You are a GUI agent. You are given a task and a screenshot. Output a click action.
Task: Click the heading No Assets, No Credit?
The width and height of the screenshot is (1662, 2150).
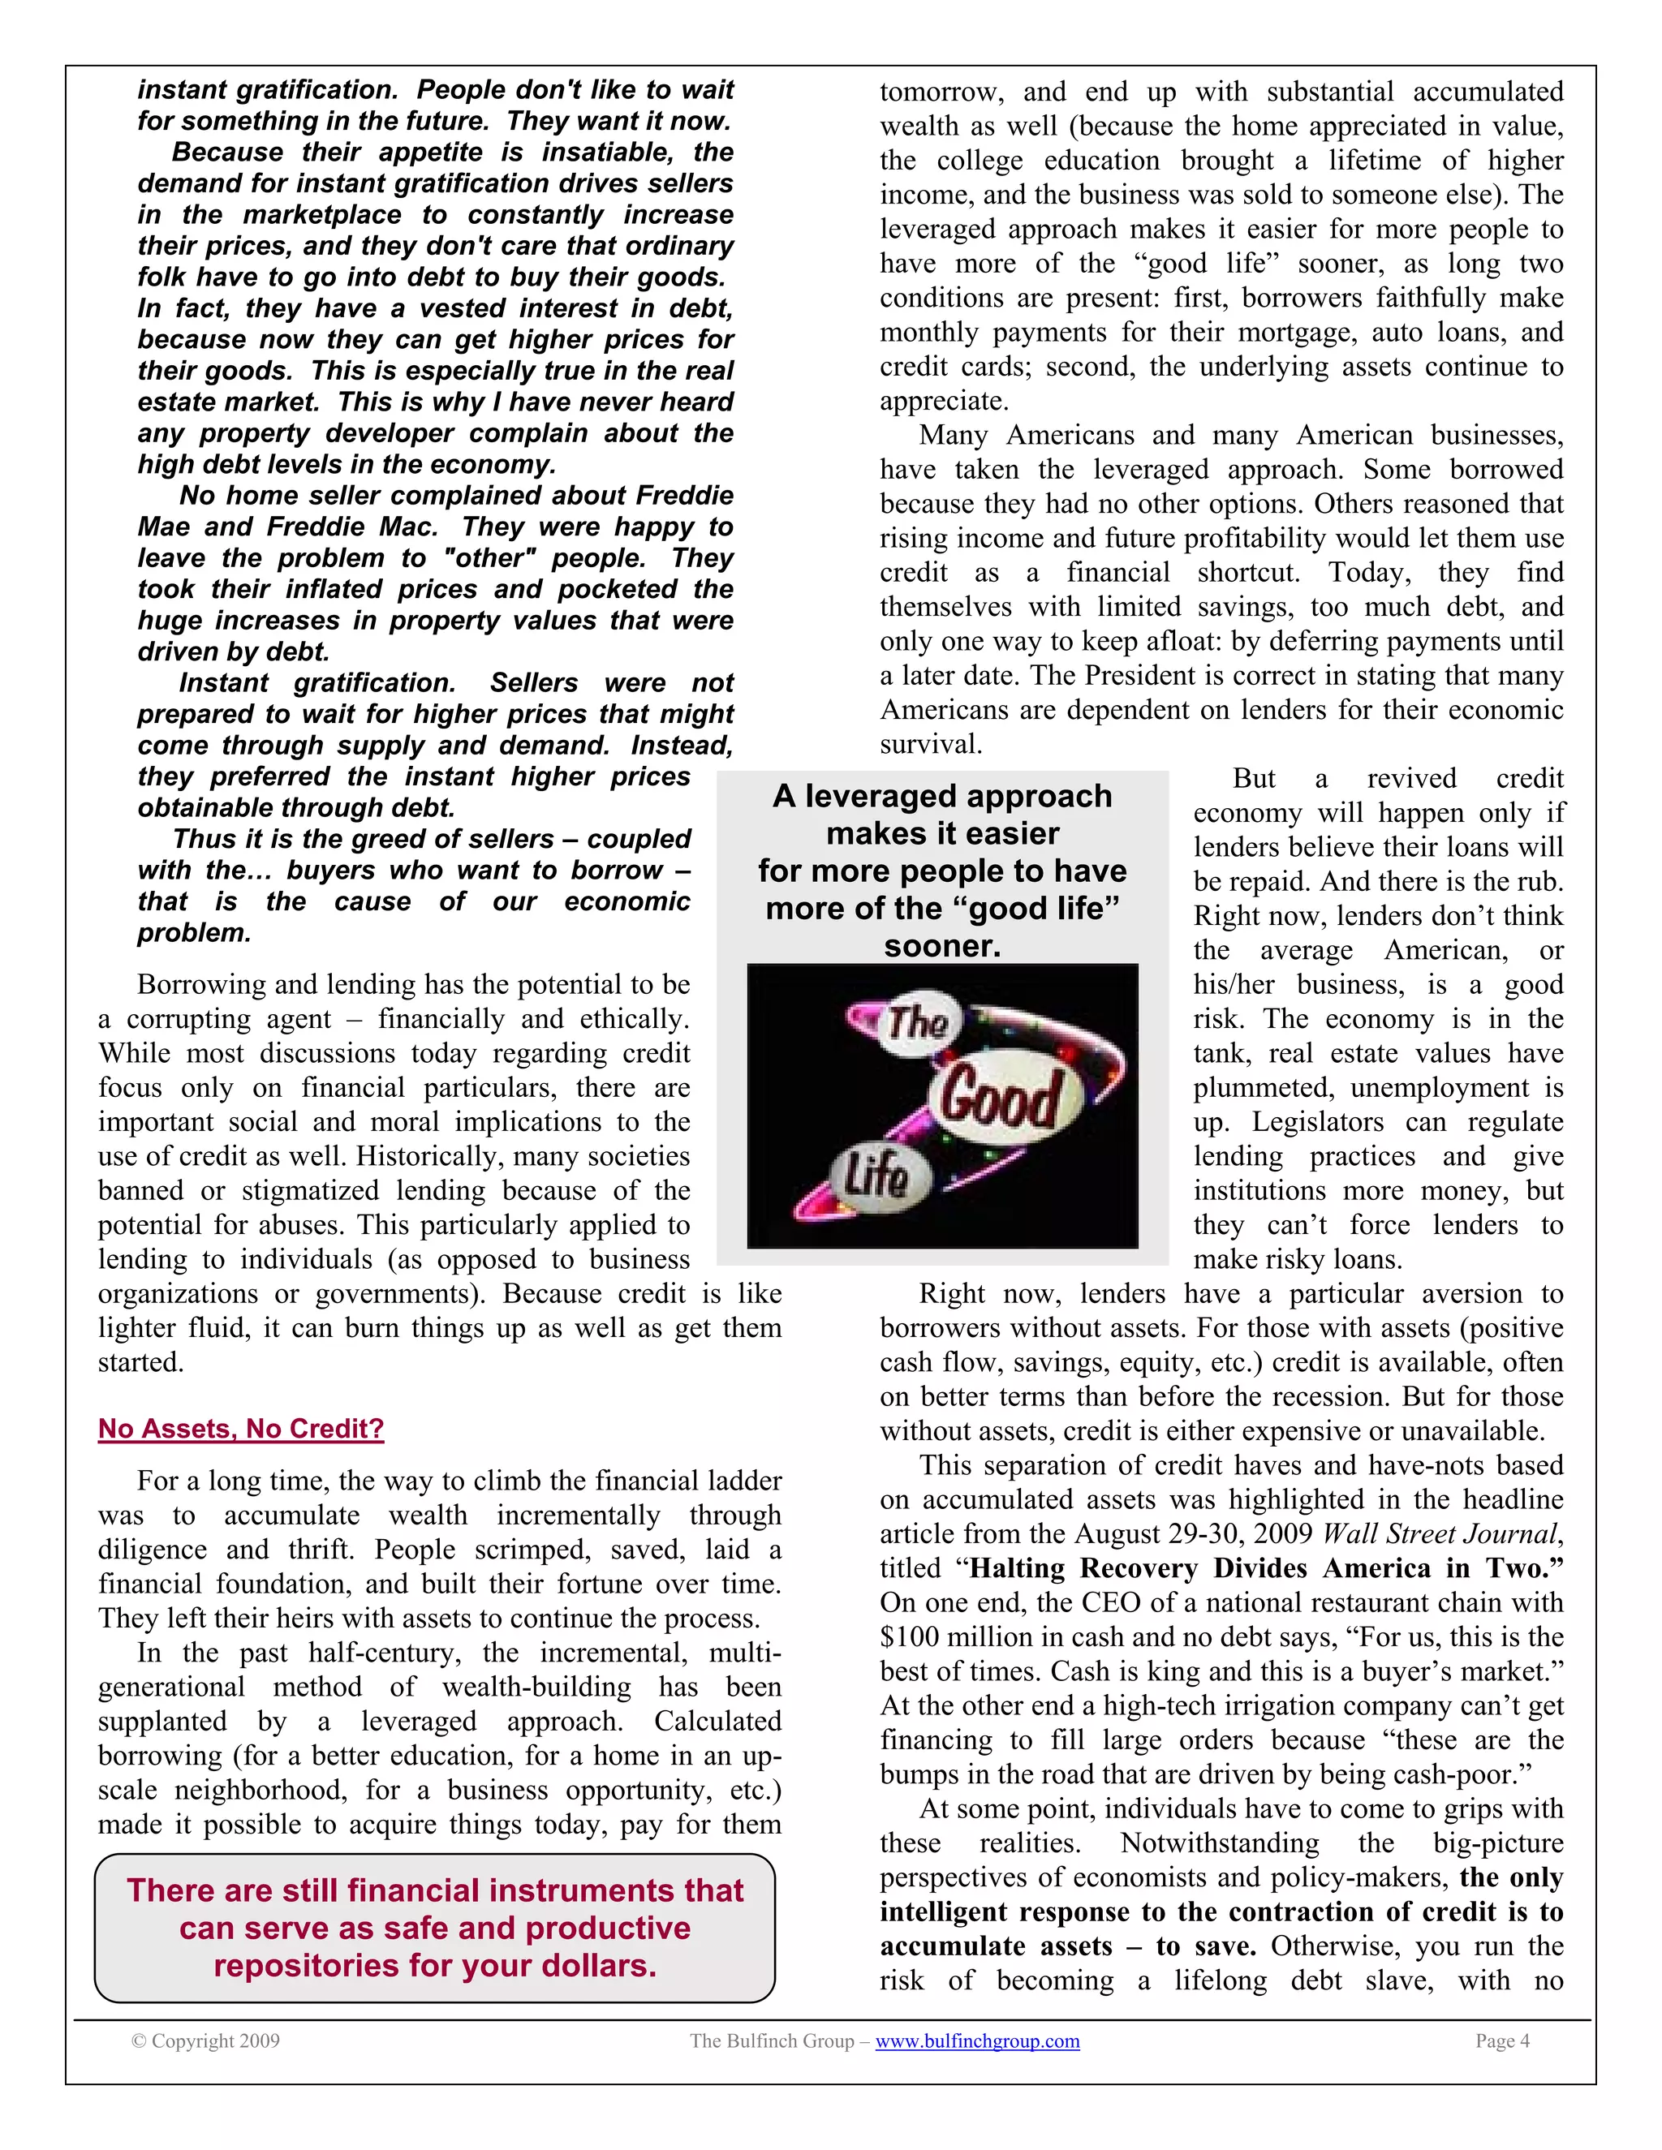[x=240, y=1429]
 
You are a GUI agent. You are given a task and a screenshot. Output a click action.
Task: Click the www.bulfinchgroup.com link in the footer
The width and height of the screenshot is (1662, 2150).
[x=977, y=2040]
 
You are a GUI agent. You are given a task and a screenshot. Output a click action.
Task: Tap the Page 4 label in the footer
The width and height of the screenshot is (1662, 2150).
[x=1501, y=2040]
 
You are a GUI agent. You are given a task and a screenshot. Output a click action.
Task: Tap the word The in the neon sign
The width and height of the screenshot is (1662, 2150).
[x=918, y=1023]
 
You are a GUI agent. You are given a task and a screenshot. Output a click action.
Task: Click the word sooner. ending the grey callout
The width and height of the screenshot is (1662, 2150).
[x=942, y=946]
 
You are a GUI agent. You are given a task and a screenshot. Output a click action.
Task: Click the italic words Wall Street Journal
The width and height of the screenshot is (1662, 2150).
[x=1440, y=1533]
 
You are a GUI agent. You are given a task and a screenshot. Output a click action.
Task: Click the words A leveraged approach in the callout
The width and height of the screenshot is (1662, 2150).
[x=942, y=795]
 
